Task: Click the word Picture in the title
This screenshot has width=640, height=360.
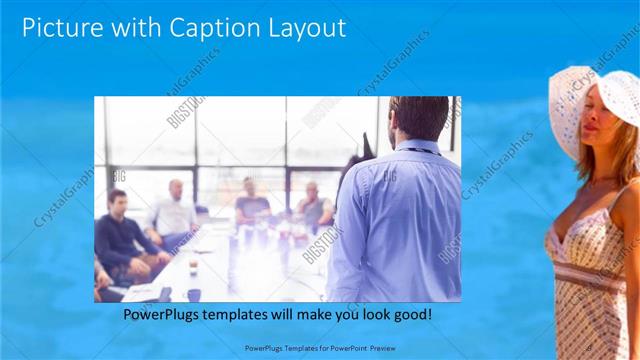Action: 60,28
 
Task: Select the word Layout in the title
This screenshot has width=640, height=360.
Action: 304,28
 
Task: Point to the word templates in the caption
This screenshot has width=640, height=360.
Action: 247,315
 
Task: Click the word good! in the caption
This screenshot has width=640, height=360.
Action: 413,315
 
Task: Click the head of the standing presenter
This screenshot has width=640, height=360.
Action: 418,119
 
